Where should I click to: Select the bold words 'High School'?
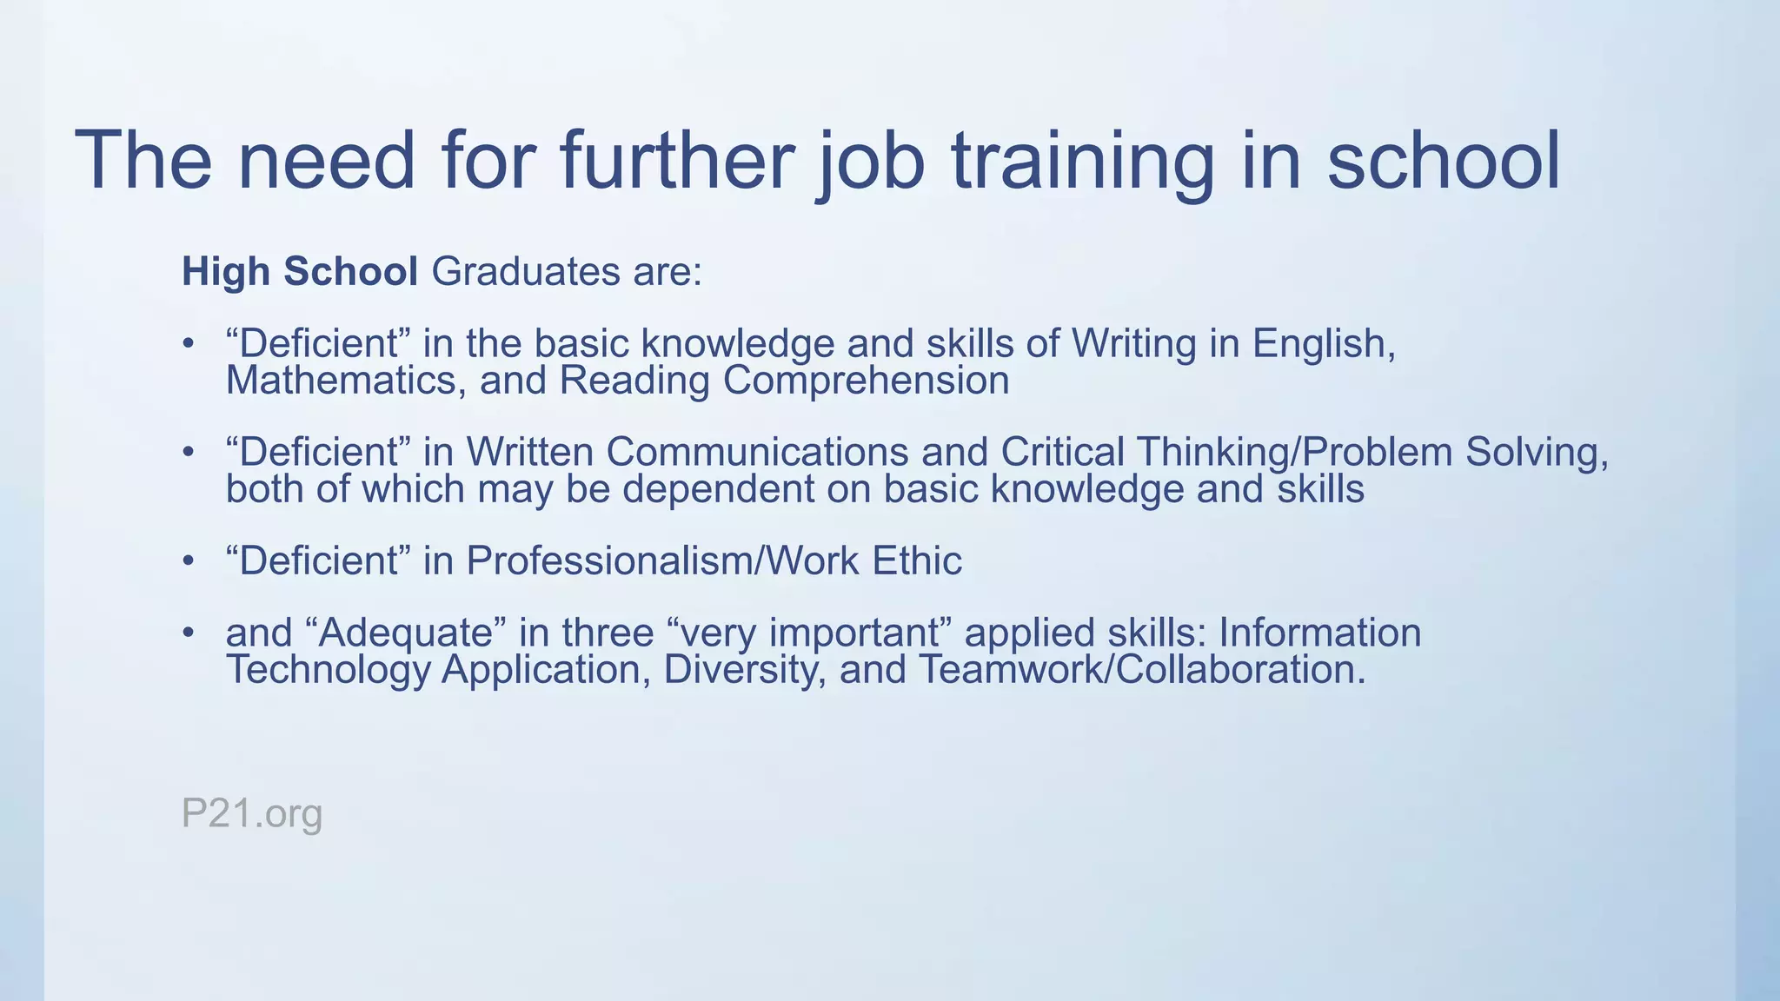coord(300,271)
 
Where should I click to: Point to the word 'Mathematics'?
coord(342,381)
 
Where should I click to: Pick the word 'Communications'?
coord(757,452)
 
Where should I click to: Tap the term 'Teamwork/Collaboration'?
coord(1141,670)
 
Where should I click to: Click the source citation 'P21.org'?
coord(252,814)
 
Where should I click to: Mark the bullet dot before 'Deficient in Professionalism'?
coord(188,561)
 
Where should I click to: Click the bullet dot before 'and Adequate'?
coord(188,633)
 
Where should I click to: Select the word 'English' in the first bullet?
coord(1323,344)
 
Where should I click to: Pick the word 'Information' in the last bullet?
coord(1319,633)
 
